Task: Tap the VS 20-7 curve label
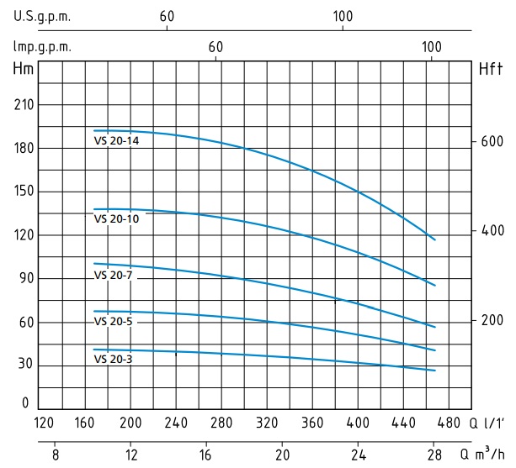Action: [x=113, y=276]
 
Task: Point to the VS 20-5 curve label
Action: [x=113, y=321]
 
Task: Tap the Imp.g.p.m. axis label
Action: [x=42, y=47]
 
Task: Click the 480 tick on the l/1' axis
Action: [x=450, y=423]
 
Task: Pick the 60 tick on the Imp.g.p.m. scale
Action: [x=216, y=47]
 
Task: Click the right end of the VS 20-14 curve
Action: [x=435, y=240]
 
